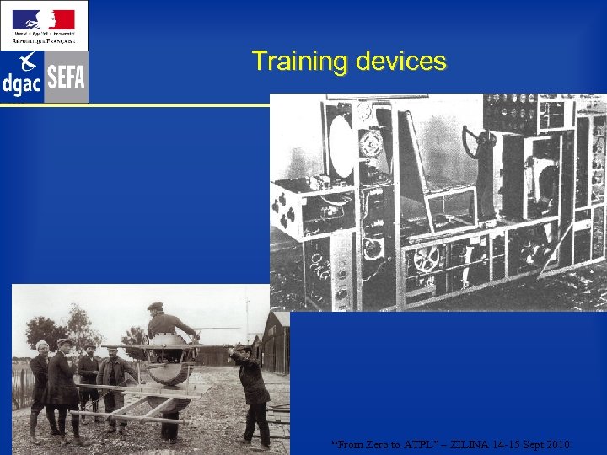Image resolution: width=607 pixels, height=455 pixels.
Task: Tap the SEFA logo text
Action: [x=66, y=78]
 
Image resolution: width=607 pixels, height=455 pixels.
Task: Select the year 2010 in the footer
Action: [x=556, y=444]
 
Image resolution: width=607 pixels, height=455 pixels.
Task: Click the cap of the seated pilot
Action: [x=155, y=306]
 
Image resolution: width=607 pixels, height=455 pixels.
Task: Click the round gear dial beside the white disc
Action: [x=370, y=144]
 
